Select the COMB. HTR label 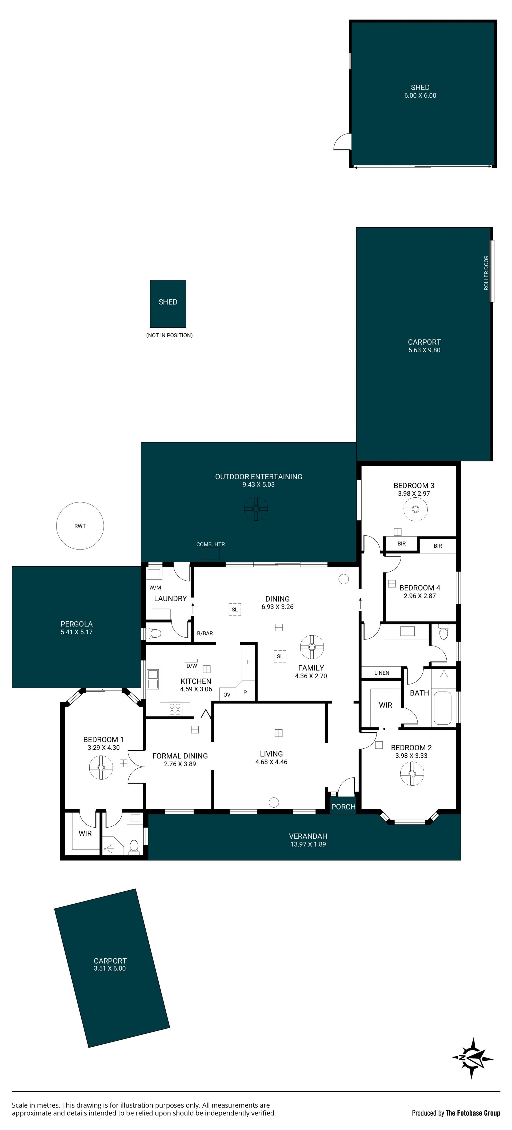coord(210,544)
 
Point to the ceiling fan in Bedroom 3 coord(415,510)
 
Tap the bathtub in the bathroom coord(442,708)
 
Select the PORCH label coord(343,807)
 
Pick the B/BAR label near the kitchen coord(205,633)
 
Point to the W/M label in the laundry coord(155,587)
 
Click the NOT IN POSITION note coord(169,335)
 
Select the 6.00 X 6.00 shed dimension coord(420,96)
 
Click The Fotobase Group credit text coord(473,1112)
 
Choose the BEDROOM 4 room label coord(419,588)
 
